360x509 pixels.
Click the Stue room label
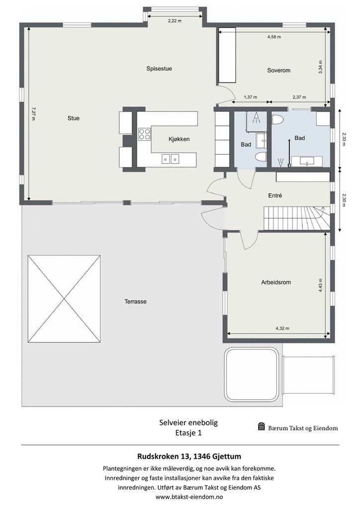click(74, 118)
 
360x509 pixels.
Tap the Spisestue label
click(159, 69)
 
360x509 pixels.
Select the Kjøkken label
click(179, 139)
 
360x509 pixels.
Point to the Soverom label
click(278, 70)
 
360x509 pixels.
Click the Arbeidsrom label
click(276, 282)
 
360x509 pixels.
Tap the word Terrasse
click(135, 301)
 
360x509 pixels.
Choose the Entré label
click(275, 195)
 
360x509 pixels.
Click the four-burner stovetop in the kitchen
click(145, 134)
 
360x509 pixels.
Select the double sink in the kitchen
click(171, 159)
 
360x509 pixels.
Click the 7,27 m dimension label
click(33, 114)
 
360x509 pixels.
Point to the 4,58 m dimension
click(274, 37)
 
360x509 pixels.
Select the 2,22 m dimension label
click(175, 21)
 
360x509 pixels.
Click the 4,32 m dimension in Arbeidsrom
click(282, 328)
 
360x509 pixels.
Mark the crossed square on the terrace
click(64, 298)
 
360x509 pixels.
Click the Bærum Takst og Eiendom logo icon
click(262, 426)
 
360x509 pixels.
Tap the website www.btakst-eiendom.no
click(189, 497)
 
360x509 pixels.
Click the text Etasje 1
click(188, 433)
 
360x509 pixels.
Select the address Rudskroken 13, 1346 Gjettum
click(189, 456)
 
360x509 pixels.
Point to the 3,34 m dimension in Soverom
click(320, 68)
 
